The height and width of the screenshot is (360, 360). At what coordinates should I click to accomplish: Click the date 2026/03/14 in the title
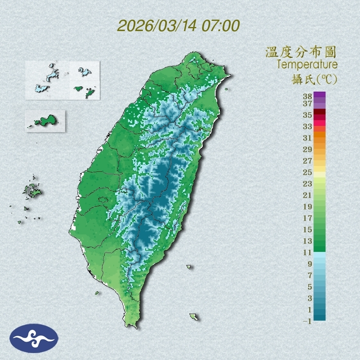click(156, 26)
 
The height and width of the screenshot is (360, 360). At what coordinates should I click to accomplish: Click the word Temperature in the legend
click(307, 65)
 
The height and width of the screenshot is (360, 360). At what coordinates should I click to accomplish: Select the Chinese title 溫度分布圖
click(301, 52)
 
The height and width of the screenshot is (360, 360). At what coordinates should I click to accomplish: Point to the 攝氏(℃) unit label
click(313, 79)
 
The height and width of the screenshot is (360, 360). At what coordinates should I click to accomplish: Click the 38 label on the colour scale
click(308, 97)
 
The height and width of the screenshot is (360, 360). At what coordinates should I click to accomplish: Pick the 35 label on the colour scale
click(308, 115)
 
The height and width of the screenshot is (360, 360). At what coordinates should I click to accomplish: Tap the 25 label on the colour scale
click(308, 172)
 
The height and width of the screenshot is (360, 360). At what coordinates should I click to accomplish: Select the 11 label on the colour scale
click(308, 252)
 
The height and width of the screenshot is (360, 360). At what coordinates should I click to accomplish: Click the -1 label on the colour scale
click(307, 321)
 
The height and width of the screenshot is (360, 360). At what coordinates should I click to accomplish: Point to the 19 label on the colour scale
click(308, 206)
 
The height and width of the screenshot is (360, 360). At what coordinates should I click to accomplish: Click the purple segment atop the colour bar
click(320, 94)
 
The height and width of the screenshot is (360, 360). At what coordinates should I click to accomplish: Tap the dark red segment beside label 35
click(320, 112)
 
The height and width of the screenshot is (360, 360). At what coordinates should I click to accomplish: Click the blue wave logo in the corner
click(34, 338)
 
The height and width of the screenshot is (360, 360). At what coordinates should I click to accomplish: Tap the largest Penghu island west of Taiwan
click(33, 190)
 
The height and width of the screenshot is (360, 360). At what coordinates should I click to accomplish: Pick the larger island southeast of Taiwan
click(193, 317)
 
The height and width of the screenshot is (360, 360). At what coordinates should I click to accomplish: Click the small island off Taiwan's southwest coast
click(97, 292)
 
